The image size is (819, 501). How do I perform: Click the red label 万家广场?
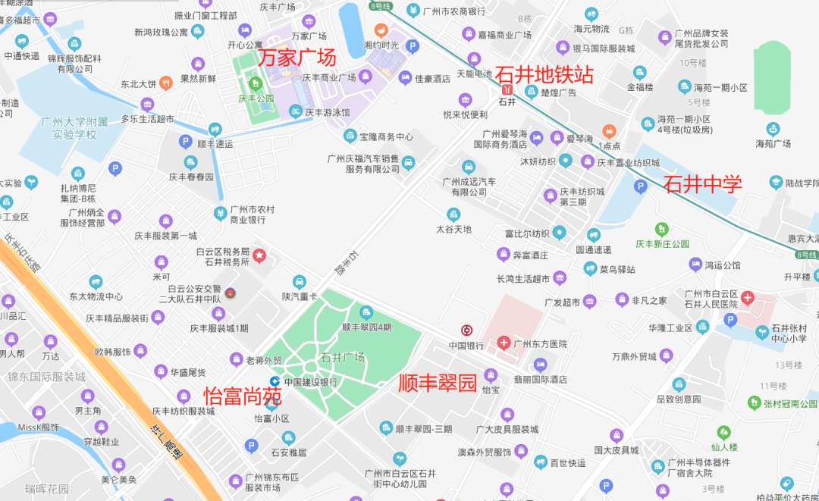pos(297,58)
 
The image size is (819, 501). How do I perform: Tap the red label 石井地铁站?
pos(544,75)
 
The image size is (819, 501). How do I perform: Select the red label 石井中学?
pos(703,183)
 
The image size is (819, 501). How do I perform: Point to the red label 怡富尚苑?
pos(243,396)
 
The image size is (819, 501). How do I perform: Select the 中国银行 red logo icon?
pos(467,330)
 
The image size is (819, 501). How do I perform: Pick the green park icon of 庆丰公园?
pos(256,83)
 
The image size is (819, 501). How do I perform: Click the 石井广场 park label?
pos(343,357)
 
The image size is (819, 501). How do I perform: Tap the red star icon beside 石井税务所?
pos(259,255)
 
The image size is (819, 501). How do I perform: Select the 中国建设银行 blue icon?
pos(275,381)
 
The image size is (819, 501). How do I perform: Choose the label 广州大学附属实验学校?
pos(75,128)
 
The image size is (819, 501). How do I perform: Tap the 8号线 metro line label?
pos(381,6)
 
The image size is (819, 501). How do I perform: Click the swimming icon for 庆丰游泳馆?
pos(296,112)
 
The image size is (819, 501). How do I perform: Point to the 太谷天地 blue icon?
pos(453,214)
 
